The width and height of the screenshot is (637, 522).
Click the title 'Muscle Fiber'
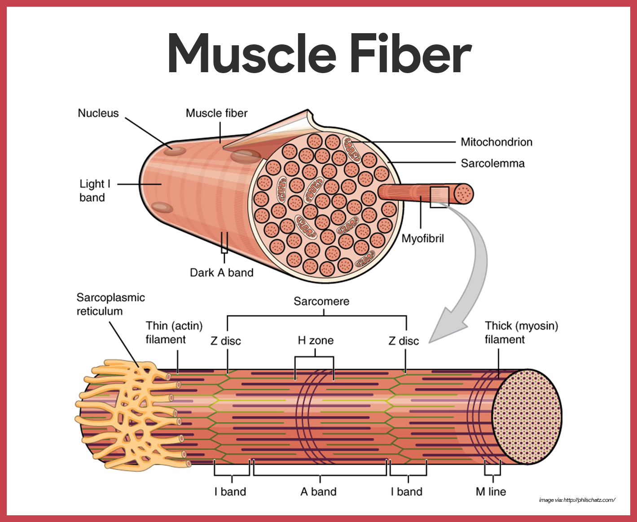319,53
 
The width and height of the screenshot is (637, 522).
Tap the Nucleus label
98,113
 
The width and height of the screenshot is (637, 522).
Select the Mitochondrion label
496,142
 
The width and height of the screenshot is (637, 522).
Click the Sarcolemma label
492,163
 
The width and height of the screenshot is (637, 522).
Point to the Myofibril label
422,239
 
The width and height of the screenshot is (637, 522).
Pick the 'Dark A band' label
221,273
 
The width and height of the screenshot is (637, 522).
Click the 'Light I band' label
95,191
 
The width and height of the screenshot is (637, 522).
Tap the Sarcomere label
321,301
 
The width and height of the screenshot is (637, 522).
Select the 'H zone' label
316,340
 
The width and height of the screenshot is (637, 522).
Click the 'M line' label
491,492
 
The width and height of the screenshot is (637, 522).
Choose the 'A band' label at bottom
318,492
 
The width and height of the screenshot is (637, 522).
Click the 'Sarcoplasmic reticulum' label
110,304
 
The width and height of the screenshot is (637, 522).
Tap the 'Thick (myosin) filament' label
521,332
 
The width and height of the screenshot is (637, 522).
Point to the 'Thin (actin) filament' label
174,332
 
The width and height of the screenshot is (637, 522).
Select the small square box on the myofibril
439,197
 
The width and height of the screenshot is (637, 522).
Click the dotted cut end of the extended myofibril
464,194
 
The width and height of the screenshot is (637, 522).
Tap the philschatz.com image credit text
577,500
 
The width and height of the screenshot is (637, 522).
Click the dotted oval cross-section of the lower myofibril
527,417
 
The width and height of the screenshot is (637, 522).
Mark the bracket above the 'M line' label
492,471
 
